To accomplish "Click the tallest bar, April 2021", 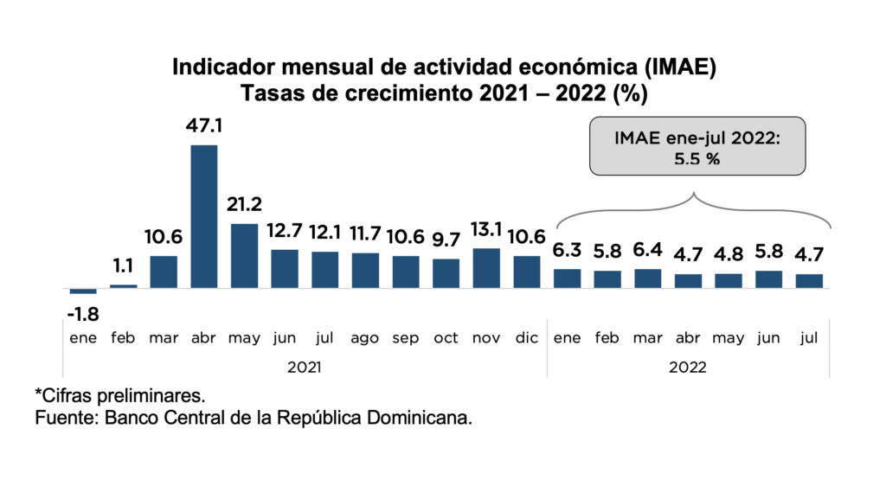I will click(203, 216).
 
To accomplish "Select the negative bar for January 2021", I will click(82, 291).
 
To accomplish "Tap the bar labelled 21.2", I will click(244, 255).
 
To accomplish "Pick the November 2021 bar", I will click(486, 268).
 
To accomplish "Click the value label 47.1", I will click(203, 126).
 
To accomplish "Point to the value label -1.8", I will click(82, 310).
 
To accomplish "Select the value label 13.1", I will click(486, 230).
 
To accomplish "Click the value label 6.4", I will click(648, 251).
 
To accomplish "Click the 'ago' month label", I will click(365, 339).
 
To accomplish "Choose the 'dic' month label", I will click(527, 339).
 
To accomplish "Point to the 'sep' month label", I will click(406, 339).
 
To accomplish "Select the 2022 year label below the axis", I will click(688, 368).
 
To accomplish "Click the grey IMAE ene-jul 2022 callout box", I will click(697, 147).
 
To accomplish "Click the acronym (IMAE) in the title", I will click(679, 67).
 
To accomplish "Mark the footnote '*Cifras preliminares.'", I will click(119, 396).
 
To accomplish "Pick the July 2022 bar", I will click(809, 281).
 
